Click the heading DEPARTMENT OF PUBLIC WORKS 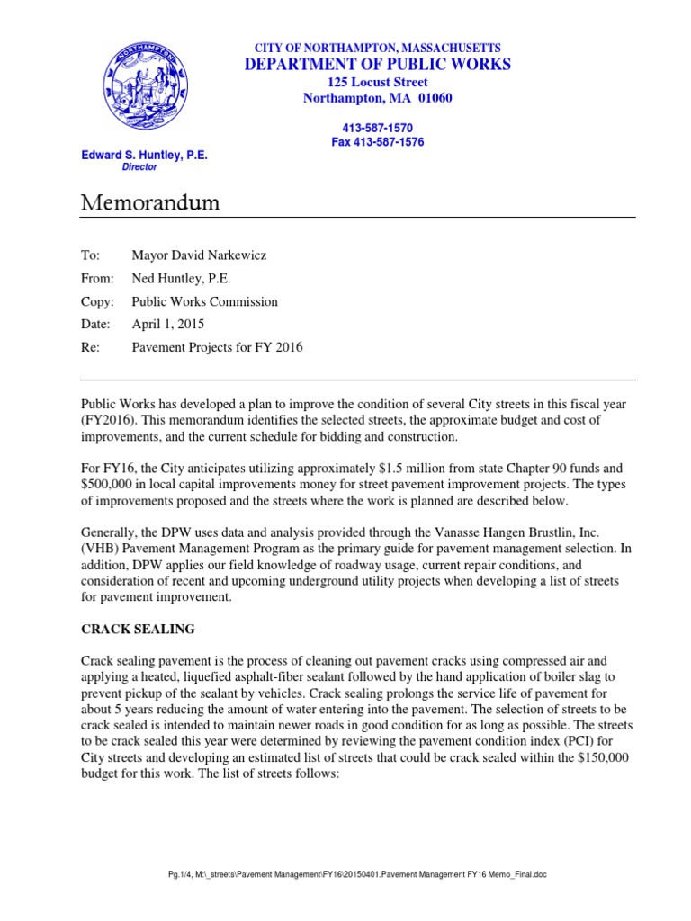point(377,64)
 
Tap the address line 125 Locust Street point(377,82)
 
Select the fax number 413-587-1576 point(377,142)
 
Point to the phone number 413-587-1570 point(377,129)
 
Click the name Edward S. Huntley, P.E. point(144,156)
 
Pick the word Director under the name point(139,167)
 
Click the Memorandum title point(150,203)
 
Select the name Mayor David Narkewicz point(199,255)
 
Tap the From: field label point(97,279)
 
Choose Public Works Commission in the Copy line point(205,302)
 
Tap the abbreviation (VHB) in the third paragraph point(101,546)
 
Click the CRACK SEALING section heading point(138,629)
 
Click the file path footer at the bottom point(345,900)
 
